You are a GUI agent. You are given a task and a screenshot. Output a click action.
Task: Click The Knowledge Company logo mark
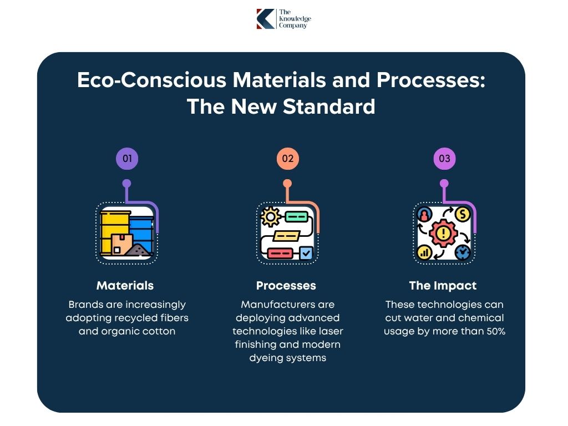(266, 19)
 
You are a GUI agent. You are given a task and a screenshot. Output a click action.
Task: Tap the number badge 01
(127, 159)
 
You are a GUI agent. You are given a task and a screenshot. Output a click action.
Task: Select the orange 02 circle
(287, 159)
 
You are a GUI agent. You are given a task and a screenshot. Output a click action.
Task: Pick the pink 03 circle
(444, 159)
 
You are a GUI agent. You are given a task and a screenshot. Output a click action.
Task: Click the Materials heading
(125, 286)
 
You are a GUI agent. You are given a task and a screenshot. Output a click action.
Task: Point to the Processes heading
(286, 286)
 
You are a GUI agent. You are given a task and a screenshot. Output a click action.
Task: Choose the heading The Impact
(443, 286)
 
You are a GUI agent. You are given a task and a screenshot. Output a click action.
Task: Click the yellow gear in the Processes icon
(270, 217)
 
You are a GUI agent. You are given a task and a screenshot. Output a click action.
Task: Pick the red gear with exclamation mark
(443, 233)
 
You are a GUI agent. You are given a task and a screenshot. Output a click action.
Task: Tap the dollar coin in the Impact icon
(462, 214)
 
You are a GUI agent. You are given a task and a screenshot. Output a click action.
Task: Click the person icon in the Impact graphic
(425, 214)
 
